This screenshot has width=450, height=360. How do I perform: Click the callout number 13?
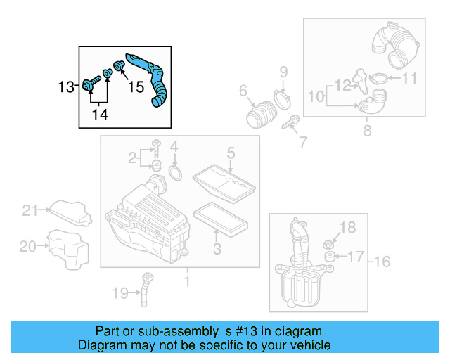click(65, 87)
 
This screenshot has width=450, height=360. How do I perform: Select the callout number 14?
click(100, 114)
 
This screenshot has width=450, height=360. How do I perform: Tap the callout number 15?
click(135, 87)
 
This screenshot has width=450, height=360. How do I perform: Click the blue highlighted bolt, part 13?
click(90, 84)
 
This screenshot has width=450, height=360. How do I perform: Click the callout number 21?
click(29, 210)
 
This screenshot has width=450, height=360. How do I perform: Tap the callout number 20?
click(27, 246)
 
